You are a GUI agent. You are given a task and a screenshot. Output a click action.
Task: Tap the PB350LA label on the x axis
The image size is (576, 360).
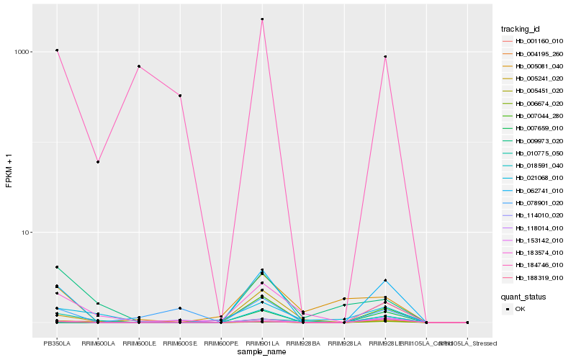click(x=57, y=343)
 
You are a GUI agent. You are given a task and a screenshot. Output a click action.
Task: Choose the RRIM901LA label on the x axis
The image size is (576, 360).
click(x=262, y=343)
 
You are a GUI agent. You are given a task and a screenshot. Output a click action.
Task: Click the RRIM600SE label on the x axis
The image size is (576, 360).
click(x=180, y=343)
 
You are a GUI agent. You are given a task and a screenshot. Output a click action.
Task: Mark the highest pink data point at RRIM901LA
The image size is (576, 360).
click(x=262, y=19)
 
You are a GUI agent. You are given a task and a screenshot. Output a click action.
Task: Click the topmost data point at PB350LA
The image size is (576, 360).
click(x=57, y=50)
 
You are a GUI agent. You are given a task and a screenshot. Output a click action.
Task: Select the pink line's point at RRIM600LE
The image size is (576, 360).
click(x=139, y=66)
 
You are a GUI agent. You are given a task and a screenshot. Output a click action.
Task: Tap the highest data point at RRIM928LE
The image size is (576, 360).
click(x=385, y=57)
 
